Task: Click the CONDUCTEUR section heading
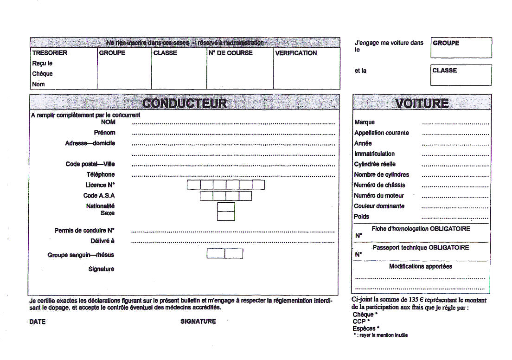[184, 103]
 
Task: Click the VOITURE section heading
[422, 103]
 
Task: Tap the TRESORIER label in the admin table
[50, 53]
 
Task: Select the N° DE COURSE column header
[230, 53]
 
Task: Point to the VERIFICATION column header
[296, 53]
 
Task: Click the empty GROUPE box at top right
[461, 48]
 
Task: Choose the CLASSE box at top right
[461, 75]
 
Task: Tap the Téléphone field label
[101, 174]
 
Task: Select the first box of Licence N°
[193, 185]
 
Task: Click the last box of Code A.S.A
[245, 196]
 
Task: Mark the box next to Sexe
[226, 216]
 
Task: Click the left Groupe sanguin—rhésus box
[216, 254]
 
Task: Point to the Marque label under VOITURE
[365, 122]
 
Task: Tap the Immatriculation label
[374, 154]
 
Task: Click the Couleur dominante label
[379, 206]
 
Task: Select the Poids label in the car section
[362, 217]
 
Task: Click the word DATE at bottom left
[38, 321]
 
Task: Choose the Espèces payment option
[364, 328]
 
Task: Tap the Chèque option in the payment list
[363, 315]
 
